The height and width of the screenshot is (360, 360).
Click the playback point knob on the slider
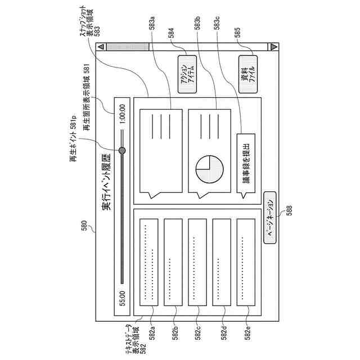tap(122, 150)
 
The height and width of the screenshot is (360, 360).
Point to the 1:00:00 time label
tap(122, 113)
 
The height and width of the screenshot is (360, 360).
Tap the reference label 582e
tap(247, 333)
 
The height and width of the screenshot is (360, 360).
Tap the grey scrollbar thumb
tap(128, 48)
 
